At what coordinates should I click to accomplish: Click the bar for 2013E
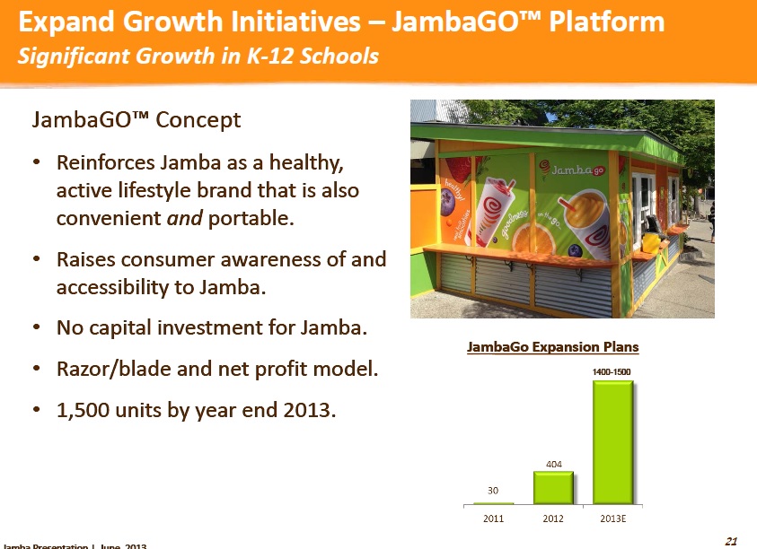coord(612,442)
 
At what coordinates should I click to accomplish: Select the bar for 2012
coord(553,487)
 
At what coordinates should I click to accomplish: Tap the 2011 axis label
coord(494,518)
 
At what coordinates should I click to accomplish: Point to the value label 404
coord(553,464)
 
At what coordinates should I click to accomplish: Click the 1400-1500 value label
coord(612,371)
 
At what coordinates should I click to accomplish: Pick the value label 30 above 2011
coord(494,491)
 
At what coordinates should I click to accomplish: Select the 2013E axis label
coord(612,518)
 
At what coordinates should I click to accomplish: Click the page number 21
coord(730,540)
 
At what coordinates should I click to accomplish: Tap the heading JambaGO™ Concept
coord(136,119)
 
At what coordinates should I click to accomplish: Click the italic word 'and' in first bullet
coord(184,218)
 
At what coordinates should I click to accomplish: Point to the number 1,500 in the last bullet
coord(82,410)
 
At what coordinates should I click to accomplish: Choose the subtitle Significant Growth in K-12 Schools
coord(198,57)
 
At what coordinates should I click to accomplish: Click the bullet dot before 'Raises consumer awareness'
coord(35,259)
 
